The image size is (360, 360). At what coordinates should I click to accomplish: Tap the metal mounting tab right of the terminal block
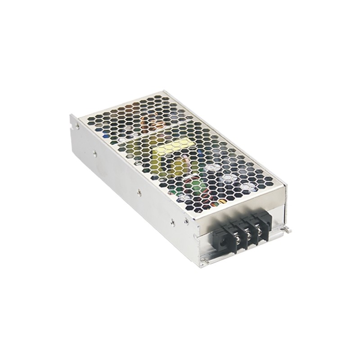(x=287, y=230)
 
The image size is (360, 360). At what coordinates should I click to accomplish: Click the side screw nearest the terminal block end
(x=173, y=221)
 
